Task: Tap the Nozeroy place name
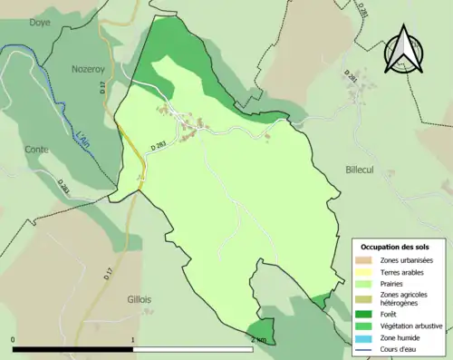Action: (91, 68)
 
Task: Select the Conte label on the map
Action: (37, 150)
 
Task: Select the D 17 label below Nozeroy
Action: (102, 88)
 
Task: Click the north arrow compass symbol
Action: (403, 50)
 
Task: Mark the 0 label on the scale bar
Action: (14, 340)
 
